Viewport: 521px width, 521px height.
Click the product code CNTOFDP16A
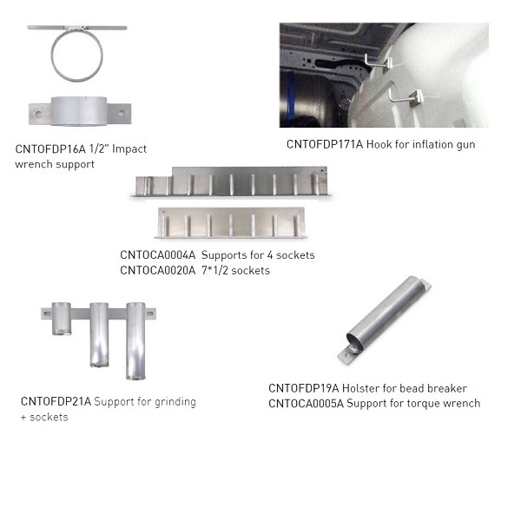coord(50,149)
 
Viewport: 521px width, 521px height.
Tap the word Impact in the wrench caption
coord(129,148)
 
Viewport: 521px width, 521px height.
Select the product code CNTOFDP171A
coord(325,144)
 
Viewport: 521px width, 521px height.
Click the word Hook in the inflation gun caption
coord(379,144)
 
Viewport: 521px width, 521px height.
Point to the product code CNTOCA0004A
coord(158,255)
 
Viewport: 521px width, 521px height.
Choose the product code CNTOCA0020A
coord(158,270)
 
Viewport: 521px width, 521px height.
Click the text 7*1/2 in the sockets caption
coord(214,270)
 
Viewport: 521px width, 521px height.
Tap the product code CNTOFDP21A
coord(56,401)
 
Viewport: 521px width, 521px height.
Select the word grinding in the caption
coord(175,402)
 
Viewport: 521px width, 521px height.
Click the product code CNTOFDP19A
coord(303,388)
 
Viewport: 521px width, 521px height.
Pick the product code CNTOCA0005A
coord(306,404)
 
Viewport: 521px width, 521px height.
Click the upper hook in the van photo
coord(379,63)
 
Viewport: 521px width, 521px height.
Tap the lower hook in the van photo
coord(406,97)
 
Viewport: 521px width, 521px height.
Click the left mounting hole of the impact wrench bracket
coord(38,115)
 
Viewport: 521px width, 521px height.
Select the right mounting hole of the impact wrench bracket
coord(122,114)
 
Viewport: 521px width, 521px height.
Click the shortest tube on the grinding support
coord(62,319)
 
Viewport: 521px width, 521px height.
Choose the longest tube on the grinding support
coord(135,341)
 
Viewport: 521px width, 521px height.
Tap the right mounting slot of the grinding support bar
coord(149,313)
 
